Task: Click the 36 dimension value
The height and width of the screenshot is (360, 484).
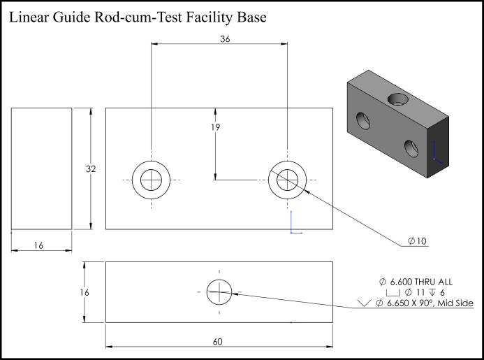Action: (x=225, y=39)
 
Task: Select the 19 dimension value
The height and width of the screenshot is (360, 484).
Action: (x=215, y=127)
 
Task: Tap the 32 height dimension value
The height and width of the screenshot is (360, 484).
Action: (x=91, y=168)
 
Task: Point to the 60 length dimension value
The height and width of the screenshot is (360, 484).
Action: (x=218, y=341)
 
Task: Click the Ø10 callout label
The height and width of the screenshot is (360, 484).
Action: (x=417, y=241)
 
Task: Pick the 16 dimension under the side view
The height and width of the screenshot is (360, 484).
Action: (x=38, y=245)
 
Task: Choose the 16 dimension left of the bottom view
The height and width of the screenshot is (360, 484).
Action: (x=85, y=292)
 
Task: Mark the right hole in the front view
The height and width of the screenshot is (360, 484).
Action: (x=287, y=161)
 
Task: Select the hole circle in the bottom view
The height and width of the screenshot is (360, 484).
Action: (x=219, y=280)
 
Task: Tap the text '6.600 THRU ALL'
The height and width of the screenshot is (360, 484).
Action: (x=421, y=282)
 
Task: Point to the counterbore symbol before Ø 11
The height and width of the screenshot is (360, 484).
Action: (x=393, y=292)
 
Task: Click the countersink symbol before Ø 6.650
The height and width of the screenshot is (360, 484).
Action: (x=365, y=303)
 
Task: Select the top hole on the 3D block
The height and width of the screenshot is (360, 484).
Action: (x=398, y=99)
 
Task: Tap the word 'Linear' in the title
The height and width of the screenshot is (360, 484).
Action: (x=29, y=17)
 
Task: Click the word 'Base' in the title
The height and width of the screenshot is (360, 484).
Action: (x=251, y=17)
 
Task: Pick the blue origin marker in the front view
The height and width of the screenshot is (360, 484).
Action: (x=295, y=222)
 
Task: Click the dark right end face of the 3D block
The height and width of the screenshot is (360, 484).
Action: (x=438, y=147)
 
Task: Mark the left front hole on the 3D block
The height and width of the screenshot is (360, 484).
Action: (x=363, y=120)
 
